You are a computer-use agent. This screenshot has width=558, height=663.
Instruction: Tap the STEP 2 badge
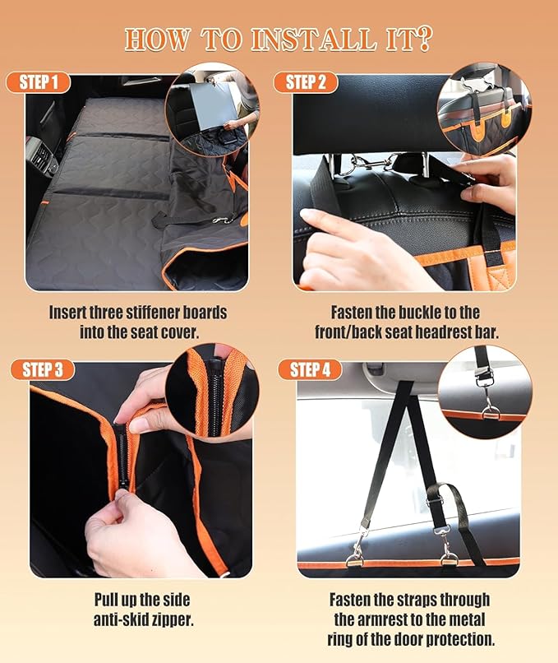tap(306, 82)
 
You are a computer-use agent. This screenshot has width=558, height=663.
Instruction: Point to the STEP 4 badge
tap(310, 369)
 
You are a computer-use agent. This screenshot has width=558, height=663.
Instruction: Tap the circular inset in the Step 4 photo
tap(484, 393)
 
